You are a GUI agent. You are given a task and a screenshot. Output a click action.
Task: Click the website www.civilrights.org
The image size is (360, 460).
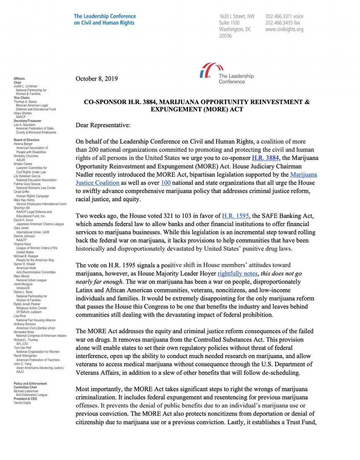point(284,30)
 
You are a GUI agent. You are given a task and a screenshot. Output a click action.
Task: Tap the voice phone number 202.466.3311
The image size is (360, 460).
point(284,16)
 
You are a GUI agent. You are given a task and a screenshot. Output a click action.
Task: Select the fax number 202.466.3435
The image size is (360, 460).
point(282,23)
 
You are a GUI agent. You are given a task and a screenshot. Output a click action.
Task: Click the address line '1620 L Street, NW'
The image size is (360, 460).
point(237,16)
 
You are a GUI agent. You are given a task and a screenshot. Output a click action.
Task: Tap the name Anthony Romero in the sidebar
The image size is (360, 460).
point(26,324)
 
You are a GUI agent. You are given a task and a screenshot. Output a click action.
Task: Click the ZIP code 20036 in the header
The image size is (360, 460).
point(225,36)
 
